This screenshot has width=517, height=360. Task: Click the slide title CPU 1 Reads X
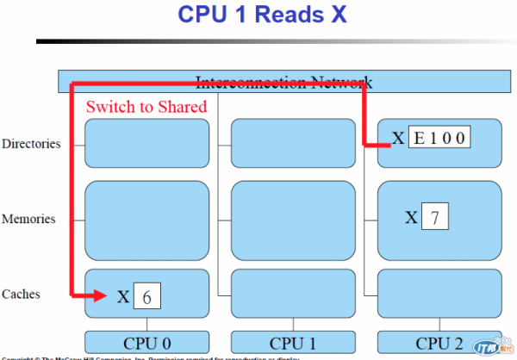[262, 15]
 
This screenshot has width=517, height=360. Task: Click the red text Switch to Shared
[146, 107]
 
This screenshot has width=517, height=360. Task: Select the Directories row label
[31, 143]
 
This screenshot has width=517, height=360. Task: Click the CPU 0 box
[146, 342]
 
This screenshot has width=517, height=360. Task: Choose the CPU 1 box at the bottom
[293, 342]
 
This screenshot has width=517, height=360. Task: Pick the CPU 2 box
[439, 342]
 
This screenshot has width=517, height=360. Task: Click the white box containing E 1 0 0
[439, 138]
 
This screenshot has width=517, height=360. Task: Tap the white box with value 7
[435, 217]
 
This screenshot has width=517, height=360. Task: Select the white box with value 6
[147, 297]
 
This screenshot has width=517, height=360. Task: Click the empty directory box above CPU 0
[146, 143]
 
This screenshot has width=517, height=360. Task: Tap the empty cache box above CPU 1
[293, 294]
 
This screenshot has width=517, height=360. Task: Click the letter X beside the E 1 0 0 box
[398, 138]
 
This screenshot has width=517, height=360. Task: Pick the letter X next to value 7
[412, 217]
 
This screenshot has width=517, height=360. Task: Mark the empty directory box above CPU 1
[293, 143]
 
